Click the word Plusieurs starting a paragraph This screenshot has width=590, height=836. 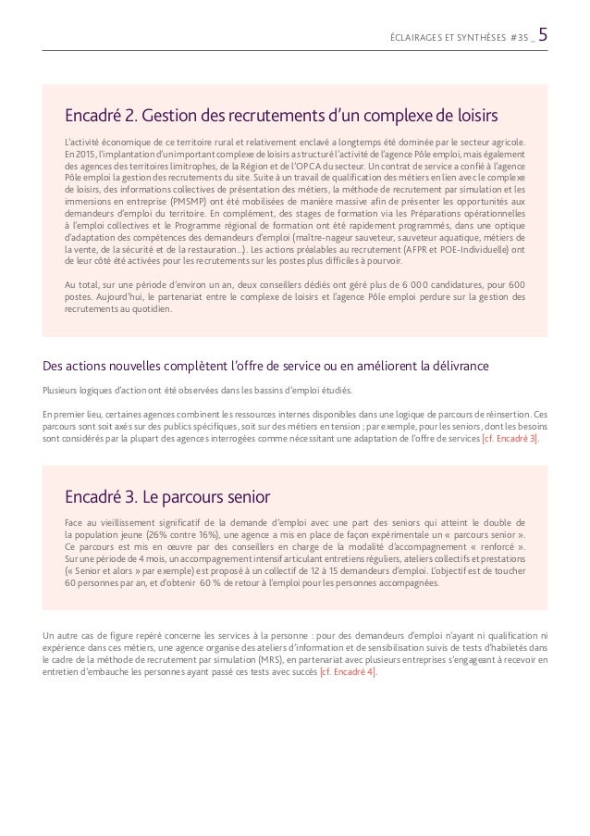(x=60, y=389)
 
